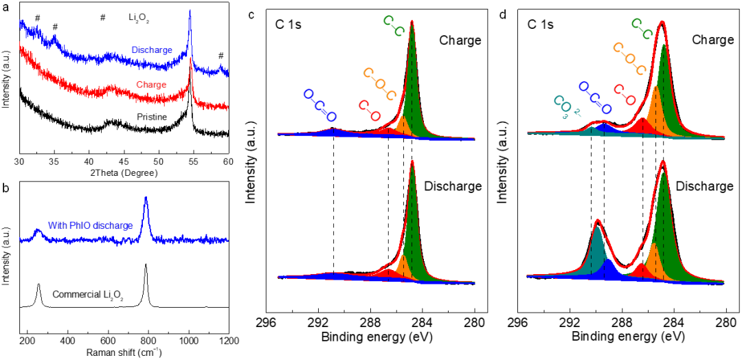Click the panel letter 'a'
click(x=5, y=5)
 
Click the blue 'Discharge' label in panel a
click(x=153, y=50)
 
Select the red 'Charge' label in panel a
click(x=151, y=85)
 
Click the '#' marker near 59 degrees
click(x=221, y=56)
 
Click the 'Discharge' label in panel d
click(x=704, y=186)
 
